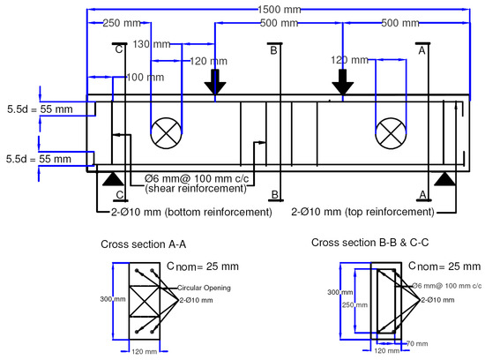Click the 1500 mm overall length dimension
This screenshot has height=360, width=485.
280,10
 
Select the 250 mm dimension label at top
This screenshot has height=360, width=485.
122,23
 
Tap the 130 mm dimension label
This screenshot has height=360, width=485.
152,44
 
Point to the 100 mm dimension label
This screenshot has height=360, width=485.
145,77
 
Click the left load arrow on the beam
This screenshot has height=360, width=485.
215,82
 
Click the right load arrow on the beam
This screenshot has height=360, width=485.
343,82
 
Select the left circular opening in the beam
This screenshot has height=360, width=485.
166,133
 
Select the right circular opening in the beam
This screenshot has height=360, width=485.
391,133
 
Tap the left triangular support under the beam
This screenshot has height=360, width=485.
113,179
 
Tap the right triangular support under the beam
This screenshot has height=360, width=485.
444,179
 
